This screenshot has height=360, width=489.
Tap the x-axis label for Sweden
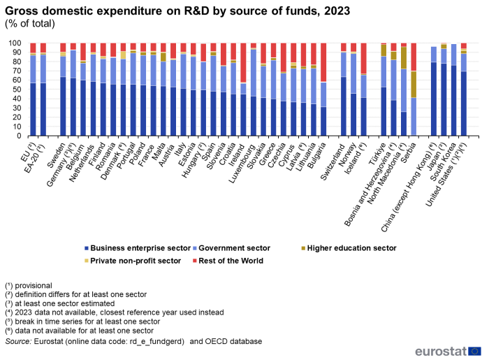pos(59,150)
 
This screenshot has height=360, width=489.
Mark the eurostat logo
pos(448,350)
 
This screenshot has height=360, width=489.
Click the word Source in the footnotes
pos(17,341)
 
